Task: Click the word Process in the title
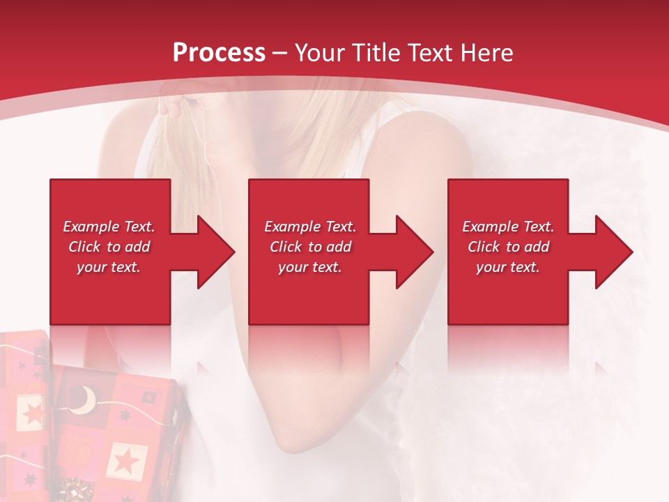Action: [219, 52]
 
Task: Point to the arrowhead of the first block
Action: [215, 252]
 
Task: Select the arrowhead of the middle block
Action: [414, 252]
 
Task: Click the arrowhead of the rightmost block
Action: [613, 252]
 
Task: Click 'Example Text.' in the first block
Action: [109, 227]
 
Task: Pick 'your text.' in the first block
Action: [109, 267]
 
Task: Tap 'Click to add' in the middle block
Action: [310, 247]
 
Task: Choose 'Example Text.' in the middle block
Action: [310, 227]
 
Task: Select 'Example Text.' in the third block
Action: [508, 227]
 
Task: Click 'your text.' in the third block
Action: [508, 267]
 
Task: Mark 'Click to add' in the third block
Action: [508, 247]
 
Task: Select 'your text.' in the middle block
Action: [310, 267]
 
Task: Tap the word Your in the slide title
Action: [320, 52]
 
